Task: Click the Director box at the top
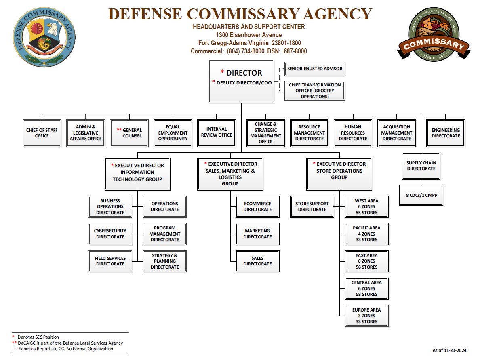241,81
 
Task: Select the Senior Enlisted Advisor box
315,69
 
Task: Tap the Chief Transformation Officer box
315,91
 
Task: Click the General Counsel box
132,133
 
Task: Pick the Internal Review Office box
217,133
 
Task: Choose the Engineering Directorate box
445,133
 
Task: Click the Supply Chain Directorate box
421,166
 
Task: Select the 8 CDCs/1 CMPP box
421,195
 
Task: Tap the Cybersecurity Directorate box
110,234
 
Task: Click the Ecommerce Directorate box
257,206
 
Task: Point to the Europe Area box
366,316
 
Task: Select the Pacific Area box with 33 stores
366,234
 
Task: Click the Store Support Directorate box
312,206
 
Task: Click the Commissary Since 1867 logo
433,35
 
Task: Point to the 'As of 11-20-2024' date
449,350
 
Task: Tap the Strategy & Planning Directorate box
164,261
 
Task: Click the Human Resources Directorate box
353,133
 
